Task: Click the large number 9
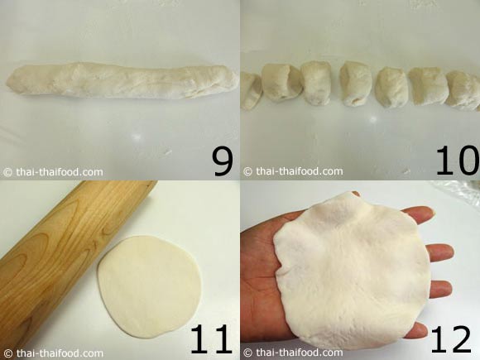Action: (223, 162)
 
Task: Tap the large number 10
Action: (458, 161)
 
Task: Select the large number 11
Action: (210, 339)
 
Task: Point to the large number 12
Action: (451, 339)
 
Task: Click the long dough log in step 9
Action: (122, 80)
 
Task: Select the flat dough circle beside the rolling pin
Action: (150, 286)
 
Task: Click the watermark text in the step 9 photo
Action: (53, 172)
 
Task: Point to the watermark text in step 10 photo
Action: (293, 171)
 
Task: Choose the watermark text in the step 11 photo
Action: (53, 353)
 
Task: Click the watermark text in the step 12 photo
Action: (293, 353)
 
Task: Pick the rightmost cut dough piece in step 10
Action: (463, 90)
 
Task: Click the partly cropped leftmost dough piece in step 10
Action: (251, 91)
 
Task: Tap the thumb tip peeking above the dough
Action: (356, 194)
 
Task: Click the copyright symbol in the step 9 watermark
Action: (7, 172)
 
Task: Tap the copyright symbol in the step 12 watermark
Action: (247, 353)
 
